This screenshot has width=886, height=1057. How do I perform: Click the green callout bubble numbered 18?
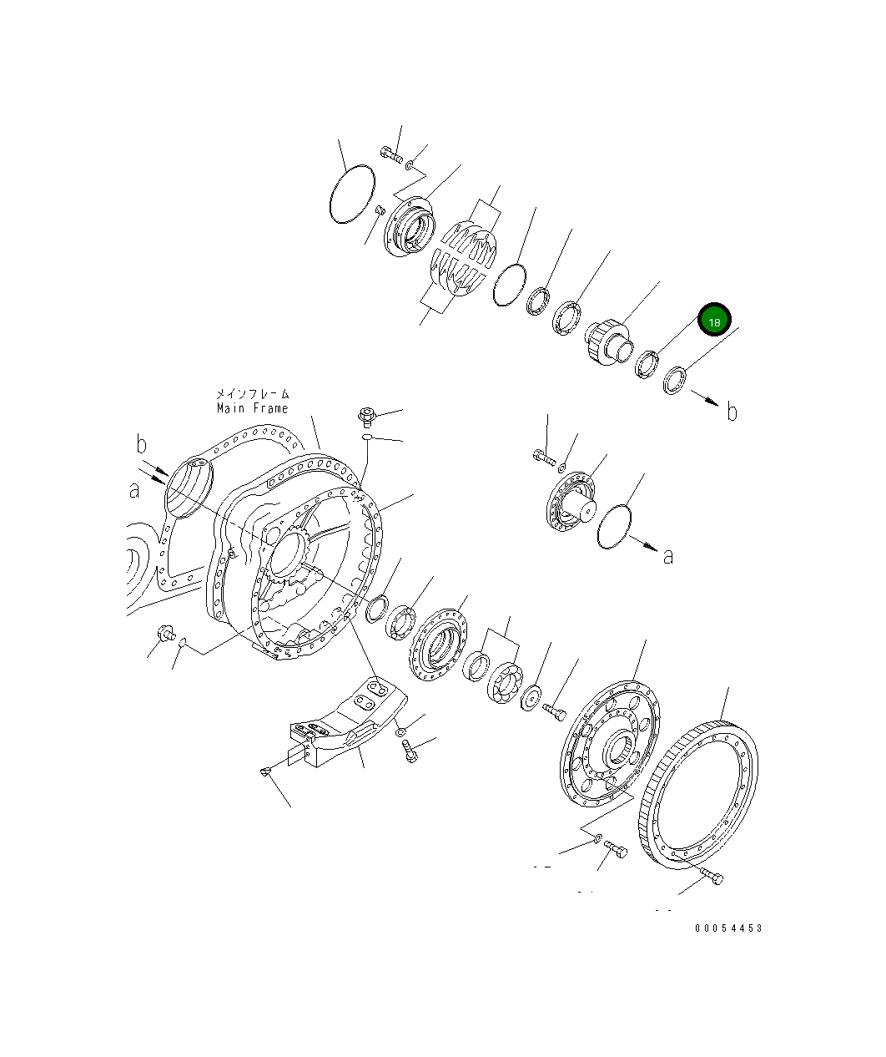point(714,321)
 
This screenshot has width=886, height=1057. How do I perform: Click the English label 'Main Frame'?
point(252,408)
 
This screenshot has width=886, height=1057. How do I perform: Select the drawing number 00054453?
point(727,928)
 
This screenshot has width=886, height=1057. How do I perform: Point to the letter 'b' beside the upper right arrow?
point(732,412)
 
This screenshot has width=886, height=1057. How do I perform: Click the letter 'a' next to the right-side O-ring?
point(667,556)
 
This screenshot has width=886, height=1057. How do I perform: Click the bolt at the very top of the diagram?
point(392,154)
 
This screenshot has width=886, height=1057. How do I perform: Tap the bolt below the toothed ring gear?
point(712,876)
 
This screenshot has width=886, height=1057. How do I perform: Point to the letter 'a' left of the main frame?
point(134,491)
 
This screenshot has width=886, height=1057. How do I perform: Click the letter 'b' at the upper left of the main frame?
point(141,443)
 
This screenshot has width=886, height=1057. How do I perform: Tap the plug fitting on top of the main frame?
point(366,414)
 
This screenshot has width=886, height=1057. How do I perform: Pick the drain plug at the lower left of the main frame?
point(165,633)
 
